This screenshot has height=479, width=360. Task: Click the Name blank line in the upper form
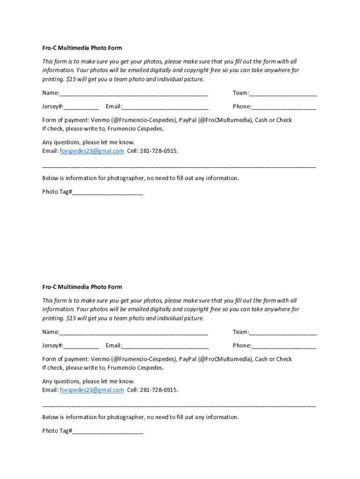coord(134,93)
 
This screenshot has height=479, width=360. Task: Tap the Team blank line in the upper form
coord(283,93)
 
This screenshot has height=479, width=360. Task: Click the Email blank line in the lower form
coord(166,346)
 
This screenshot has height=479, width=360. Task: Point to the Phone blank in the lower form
coord(284,346)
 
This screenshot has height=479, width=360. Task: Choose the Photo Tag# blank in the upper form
coord(108,192)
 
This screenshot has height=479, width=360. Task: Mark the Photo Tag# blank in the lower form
coord(108,431)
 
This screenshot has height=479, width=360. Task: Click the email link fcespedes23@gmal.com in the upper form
coord(92,151)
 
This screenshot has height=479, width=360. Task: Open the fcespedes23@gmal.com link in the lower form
coord(92,390)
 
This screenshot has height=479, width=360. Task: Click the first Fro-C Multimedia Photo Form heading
coord(82,48)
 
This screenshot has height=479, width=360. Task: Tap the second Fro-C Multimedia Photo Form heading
coord(82,287)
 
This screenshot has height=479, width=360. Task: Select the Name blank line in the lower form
coord(134,332)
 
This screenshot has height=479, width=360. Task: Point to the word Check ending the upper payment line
coord(283,120)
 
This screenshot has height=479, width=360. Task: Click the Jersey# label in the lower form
coord(53,346)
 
